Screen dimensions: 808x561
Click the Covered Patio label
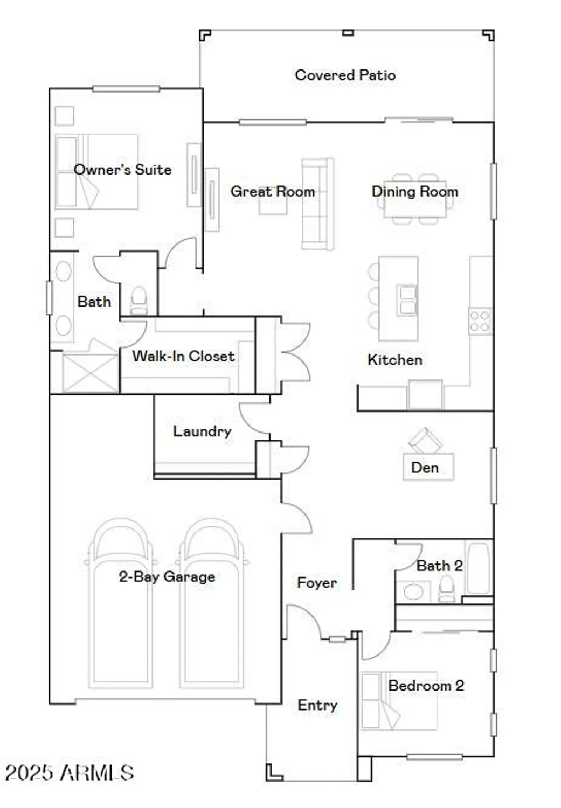point(345,75)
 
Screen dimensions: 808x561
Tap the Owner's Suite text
point(122,170)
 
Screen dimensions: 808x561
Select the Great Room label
point(272,191)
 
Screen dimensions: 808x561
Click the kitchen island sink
point(407,299)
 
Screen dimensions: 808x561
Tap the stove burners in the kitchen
point(479,321)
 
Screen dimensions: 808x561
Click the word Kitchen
point(394,360)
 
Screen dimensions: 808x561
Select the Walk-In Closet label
point(183,356)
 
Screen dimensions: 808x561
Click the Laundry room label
point(202,431)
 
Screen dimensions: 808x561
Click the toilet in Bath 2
point(447,589)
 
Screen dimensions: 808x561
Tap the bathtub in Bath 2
point(478,568)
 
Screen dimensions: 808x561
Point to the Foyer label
point(316,583)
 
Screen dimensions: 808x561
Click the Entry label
point(317,705)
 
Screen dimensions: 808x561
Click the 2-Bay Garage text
point(167,577)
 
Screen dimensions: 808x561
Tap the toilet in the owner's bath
point(138,301)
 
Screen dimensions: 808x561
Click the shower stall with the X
point(90,372)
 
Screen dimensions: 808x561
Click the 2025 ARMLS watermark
point(69,773)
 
